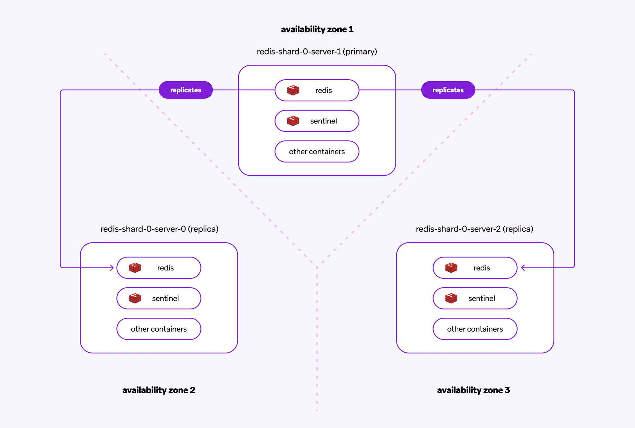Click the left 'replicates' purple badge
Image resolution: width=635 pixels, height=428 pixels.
186,90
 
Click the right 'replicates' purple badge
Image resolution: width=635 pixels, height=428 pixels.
448,90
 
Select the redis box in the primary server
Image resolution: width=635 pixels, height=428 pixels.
317,90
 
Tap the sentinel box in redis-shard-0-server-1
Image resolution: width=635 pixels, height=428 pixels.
317,121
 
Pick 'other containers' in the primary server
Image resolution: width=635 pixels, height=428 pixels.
317,152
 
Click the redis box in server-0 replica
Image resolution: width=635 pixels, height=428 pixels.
159,268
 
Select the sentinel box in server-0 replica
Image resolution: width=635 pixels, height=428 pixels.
159,298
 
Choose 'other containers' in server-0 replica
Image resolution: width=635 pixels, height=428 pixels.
159,329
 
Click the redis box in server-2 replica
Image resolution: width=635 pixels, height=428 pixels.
475,268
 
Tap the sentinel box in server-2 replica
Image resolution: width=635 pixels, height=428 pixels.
475,298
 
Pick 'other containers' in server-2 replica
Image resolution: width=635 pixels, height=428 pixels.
475,329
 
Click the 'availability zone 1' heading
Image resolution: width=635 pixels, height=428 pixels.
317,29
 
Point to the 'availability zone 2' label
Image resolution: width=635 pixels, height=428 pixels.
159,390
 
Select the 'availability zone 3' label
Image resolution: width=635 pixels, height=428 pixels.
473,390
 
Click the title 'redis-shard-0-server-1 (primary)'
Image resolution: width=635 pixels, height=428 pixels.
317,52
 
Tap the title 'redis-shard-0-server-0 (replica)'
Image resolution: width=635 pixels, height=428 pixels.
159,229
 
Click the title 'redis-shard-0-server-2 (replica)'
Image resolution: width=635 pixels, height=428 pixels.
474,229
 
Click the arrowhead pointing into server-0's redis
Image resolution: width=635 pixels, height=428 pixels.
112,267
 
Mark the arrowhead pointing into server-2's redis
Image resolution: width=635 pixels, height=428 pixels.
523,267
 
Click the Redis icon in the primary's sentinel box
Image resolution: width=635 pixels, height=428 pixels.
293,121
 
